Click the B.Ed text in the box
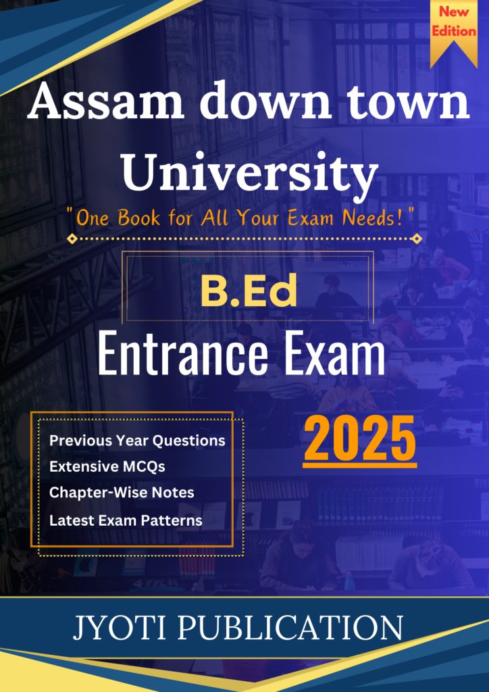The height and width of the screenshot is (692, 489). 249,292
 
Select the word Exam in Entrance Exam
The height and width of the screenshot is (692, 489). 335,355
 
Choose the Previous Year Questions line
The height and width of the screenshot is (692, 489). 137,441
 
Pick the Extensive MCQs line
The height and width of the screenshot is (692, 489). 107,466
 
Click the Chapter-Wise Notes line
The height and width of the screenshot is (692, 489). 122,493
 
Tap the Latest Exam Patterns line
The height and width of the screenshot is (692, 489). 126,520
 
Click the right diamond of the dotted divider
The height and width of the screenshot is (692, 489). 416,239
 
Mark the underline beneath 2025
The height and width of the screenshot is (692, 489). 360,465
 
